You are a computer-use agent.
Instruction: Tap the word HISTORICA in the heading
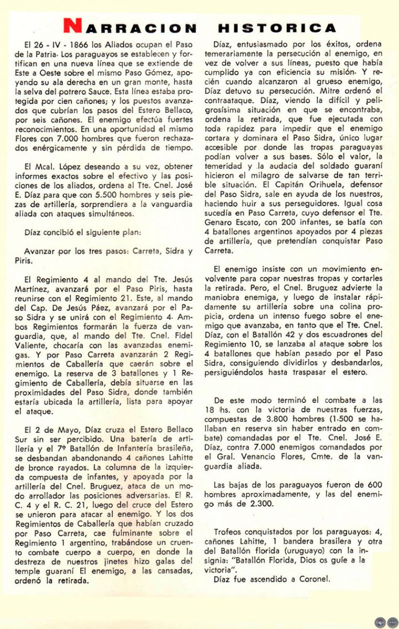pyautogui.click(x=277, y=28)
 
